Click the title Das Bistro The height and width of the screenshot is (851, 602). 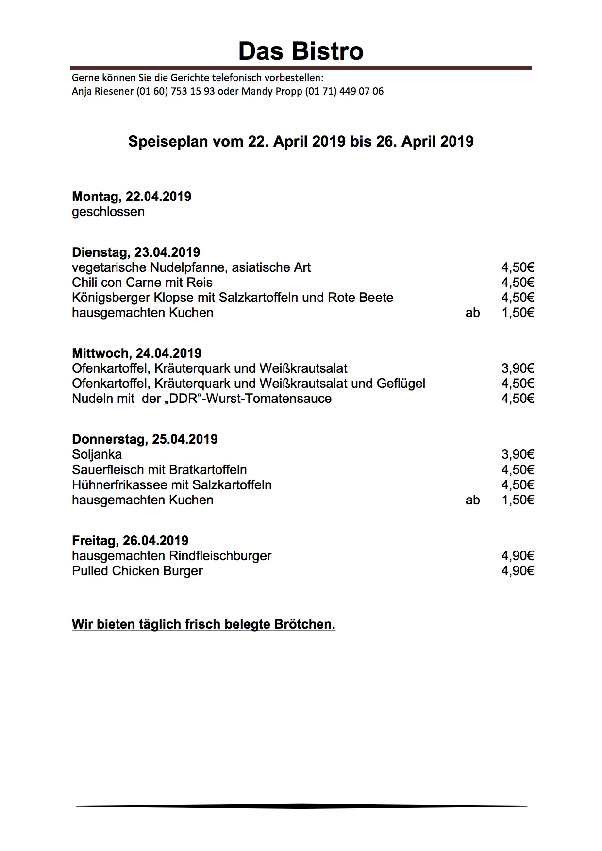(301, 51)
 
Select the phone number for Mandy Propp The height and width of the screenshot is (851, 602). (344, 91)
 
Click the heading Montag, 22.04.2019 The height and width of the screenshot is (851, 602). (132, 197)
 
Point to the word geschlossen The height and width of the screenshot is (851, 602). (108, 212)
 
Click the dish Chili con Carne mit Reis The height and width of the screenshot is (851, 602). (142, 283)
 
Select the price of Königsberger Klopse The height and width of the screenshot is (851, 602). (518, 298)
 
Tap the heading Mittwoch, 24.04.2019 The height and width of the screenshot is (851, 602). (136, 353)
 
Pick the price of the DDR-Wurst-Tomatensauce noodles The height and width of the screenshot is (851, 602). (518, 399)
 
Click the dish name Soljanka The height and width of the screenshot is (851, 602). (97, 455)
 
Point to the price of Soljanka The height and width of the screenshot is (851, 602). (518, 455)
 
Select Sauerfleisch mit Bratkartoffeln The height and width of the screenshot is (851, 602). (159, 470)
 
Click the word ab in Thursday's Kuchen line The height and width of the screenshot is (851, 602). (472, 500)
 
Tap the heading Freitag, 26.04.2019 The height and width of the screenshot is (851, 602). (130, 541)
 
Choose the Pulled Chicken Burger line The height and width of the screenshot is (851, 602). (137, 571)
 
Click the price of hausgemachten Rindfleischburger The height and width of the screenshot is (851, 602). (518, 556)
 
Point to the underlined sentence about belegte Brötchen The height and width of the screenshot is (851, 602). (203, 624)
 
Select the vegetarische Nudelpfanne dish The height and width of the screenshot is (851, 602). (191, 267)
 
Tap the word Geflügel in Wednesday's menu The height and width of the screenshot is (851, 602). (401, 384)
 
